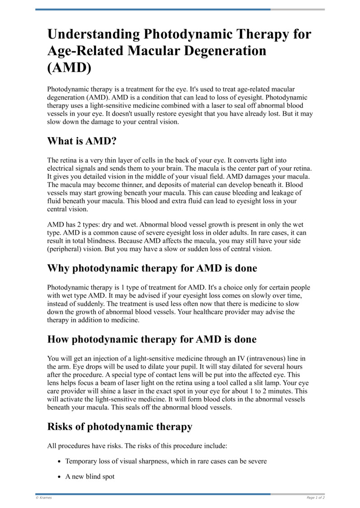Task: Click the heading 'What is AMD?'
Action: pos(82,141)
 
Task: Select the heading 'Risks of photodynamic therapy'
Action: pos(120,427)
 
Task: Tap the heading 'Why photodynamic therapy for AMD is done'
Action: pos(152,268)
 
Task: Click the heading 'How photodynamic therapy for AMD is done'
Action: pos(152,339)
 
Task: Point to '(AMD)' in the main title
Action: pos(69,67)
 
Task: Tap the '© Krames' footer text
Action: pos(43,498)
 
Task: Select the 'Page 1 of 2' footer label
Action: pos(315,498)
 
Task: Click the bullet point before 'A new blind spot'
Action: pos(59,477)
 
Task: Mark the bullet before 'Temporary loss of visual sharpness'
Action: pos(59,462)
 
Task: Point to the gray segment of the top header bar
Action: pos(297,9)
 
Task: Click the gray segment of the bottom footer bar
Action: pos(297,494)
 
